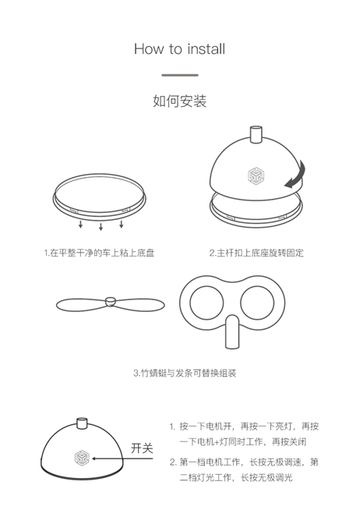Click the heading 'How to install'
180,49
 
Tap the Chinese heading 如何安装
180,101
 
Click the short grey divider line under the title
180,75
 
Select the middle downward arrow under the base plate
101,227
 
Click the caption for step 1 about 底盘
99,253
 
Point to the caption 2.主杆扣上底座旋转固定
256,253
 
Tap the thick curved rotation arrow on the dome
296,175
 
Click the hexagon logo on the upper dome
256,175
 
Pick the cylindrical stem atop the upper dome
256,135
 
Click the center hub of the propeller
110,301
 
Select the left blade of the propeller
81,304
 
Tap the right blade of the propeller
140,304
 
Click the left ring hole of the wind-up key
206,303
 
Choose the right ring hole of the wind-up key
257,303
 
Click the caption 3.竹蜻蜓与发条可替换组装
185,373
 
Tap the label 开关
142,448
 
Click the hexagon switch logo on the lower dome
82,458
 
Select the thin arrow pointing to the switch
122,458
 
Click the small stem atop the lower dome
82,423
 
